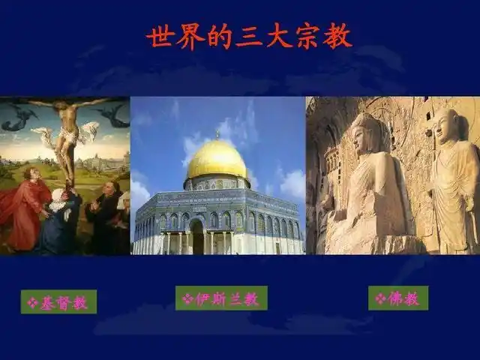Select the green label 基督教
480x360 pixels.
pyautogui.click(x=58, y=301)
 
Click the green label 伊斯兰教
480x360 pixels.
pyautogui.click(x=220, y=298)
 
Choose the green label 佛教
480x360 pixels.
pyautogui.click(x=397, y=298)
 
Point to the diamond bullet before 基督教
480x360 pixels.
pyautogui.click(x=31, y=302)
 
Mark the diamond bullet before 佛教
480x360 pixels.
pyautogui.click(x=380, y=298)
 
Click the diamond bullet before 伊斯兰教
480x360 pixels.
pyautogui.click(x=187, y=298)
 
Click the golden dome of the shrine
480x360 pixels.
pyautogui.click(x=217, y=160)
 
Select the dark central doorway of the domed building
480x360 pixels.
pyautogui.click(x=197, y=238)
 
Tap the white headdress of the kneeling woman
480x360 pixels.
pyautogui.click(x=58, y=196)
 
